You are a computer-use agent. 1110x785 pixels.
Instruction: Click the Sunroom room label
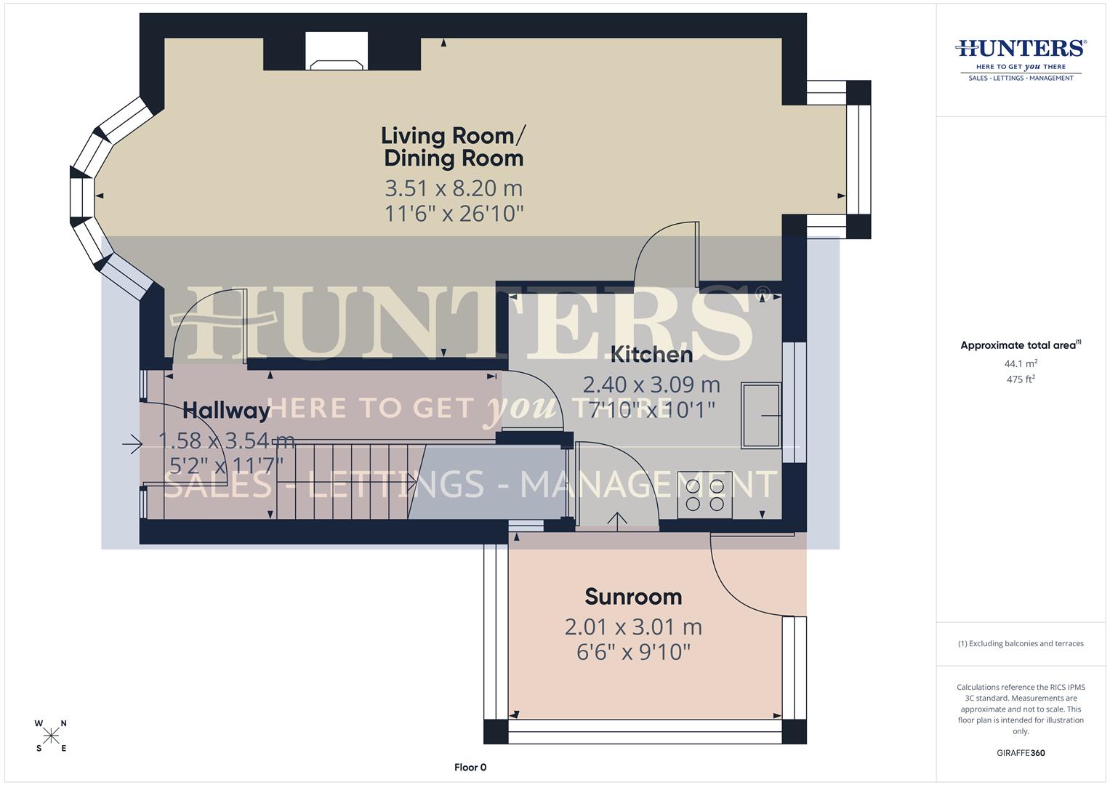[x=633, y=597]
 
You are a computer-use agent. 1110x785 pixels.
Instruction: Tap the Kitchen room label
[x=651, y=354]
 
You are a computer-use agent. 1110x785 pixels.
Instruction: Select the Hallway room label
[x=226, y=411]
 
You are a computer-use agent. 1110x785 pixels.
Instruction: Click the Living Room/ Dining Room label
[x=454, y=146]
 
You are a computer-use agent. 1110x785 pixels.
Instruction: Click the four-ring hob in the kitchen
[x=704, y=495]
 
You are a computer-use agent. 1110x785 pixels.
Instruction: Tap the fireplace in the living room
[x=337, y=53]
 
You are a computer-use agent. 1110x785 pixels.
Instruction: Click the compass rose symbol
[x=51, y=736]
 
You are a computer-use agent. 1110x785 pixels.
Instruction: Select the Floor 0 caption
[x=470, y=767]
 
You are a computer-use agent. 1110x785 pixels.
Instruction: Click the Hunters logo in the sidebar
[x=1021, y=58]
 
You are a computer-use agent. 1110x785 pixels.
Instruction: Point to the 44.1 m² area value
[x=1021, y=363]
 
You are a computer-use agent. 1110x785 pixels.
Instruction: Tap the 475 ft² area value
[x=1020, y=379]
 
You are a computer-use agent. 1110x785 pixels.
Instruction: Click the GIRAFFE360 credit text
[x=1021, y=753]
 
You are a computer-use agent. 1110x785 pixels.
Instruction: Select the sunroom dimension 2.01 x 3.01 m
[x=633, y=627]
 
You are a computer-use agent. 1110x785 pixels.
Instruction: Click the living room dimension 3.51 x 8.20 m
[x=454, y=188]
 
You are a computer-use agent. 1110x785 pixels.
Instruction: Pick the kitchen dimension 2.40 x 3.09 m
[x=651, y=384]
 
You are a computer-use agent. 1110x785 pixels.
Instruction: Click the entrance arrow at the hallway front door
[x=132, y=443]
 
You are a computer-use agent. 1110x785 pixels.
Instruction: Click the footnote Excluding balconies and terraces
[x=1021, y=643]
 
